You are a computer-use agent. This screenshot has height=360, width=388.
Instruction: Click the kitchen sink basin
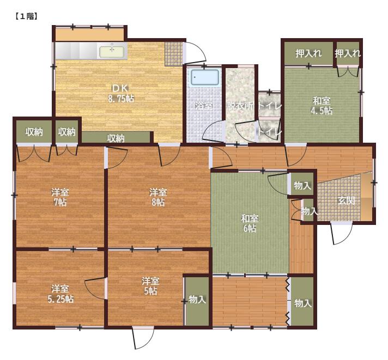tap(112, 52)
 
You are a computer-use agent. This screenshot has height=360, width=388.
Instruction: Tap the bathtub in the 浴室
tap(204, 78)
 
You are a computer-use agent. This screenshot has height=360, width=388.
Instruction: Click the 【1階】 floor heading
tap(26, 16)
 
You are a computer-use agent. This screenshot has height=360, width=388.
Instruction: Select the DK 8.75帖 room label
tap(121, 94)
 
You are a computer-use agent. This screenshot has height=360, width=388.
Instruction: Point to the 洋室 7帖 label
tap(60, 197)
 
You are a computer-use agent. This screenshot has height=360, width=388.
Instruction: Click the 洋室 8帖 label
tap(158, 197)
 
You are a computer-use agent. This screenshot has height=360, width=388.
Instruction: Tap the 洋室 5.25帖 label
tap(60, 294)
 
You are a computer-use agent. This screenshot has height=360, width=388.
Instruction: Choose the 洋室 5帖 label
tap(150, 286)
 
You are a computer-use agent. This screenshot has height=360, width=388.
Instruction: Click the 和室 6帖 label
tap(250, 223)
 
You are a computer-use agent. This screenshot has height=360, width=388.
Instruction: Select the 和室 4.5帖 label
tap(322, 106)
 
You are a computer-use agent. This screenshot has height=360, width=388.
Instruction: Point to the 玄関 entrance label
tap(347, 200)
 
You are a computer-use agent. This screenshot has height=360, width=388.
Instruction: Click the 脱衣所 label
tap(240, 106)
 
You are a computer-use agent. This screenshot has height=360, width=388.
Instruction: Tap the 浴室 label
tap(204, 106)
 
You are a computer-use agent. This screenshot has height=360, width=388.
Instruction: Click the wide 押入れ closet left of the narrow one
tap(308, 53)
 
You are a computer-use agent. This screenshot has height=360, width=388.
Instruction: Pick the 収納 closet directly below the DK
tap(116, 137)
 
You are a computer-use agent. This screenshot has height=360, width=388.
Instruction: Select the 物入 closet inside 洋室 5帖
tap(197, 301)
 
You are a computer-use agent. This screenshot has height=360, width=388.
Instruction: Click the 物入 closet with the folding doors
tap(302, 301)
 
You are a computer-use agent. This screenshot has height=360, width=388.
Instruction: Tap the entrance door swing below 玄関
tap(342, 234)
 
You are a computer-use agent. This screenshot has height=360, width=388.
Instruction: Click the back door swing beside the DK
tap(196, 52)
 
